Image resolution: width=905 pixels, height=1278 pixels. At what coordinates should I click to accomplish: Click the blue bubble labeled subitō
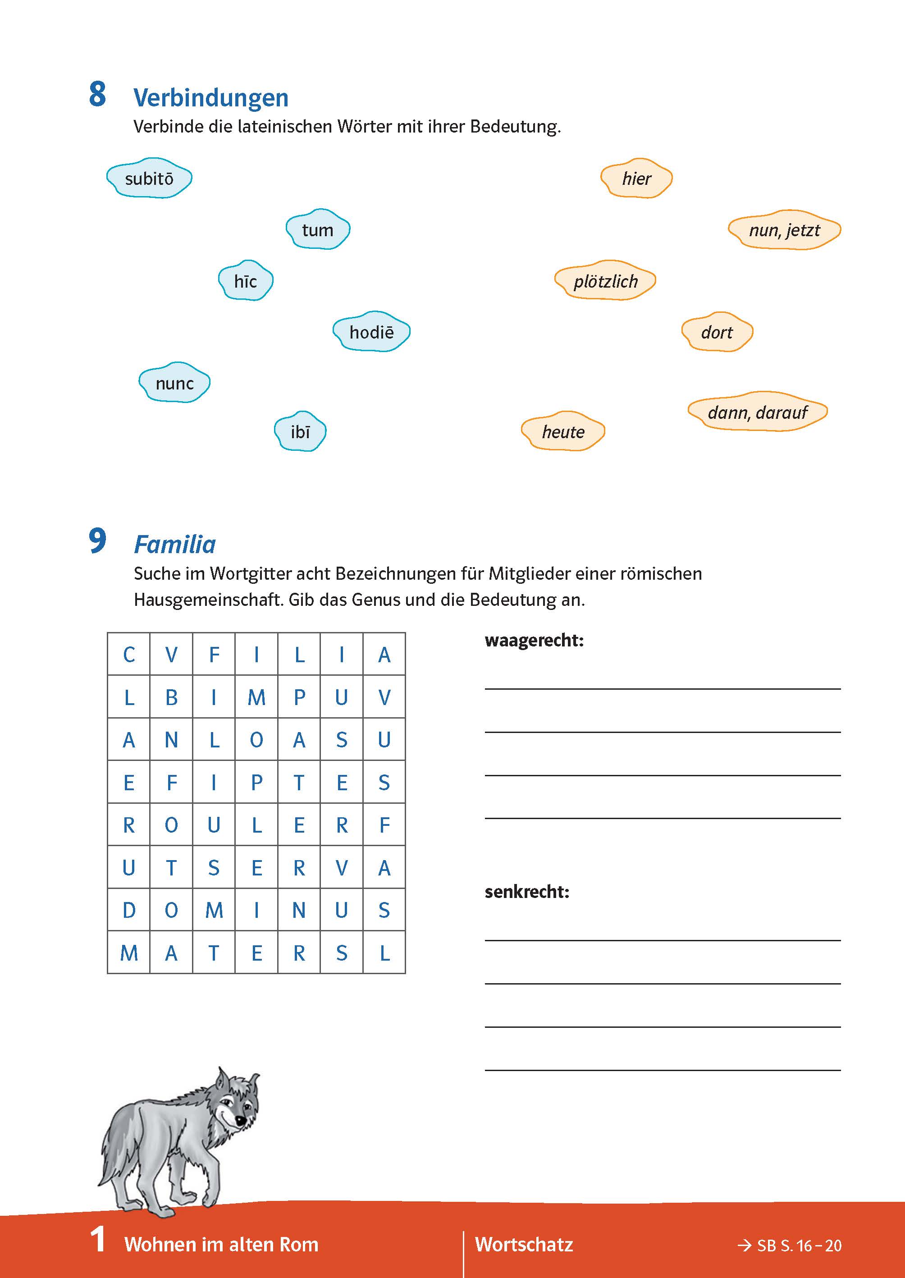coord(149,179)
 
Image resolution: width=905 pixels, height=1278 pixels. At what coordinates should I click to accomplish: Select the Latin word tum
coord(318,229)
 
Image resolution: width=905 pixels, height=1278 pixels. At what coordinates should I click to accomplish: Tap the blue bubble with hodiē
coord(371,332)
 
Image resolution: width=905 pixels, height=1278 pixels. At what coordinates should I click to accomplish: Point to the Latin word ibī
coord(300,432)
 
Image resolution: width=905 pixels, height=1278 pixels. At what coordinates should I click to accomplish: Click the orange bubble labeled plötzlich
coord(605,281)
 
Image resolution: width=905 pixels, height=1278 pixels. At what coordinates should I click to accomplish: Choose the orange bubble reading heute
coord(563,432)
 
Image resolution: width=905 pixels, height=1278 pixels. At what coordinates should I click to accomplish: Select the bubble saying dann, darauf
coord(757,412)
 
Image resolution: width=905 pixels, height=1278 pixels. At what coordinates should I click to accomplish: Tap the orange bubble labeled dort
coord(717,333)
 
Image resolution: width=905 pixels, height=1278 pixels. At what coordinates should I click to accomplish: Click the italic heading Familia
coord(175,545)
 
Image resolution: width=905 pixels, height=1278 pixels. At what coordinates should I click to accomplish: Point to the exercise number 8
coord(97,94)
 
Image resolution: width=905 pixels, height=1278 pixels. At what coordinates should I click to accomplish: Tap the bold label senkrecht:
coord(526,892)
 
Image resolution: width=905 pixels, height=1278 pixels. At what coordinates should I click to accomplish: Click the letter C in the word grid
coord(129,655)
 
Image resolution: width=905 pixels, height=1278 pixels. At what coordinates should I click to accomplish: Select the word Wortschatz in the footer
coord(524,1245)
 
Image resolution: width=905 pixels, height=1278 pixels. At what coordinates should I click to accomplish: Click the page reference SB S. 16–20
coord(790,1246)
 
